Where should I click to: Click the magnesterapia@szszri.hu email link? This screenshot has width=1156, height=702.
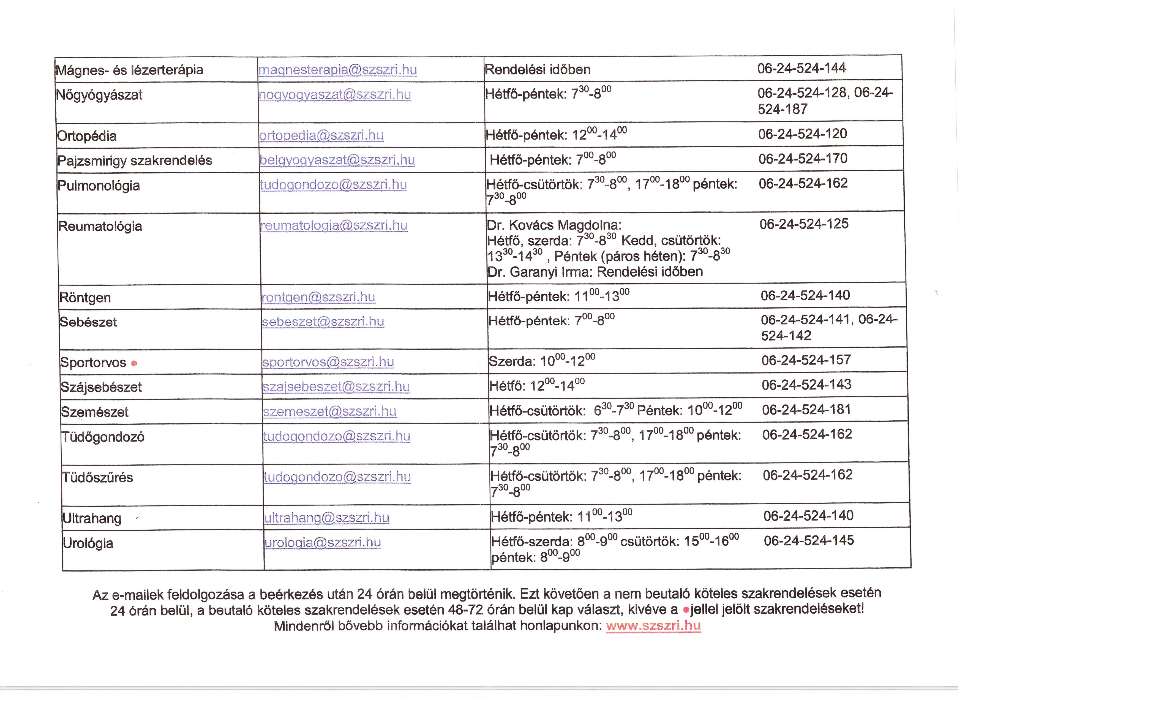(x=337, y=70)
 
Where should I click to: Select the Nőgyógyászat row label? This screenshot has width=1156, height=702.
(x=99, y=95)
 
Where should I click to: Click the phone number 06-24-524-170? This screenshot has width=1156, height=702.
(x=803, y=159)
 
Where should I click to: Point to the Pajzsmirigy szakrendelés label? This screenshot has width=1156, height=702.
(x=135, y=160)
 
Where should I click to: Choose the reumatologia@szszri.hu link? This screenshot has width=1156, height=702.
(x=334, y=226)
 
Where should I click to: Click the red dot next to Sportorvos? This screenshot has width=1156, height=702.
(x=134, y=363)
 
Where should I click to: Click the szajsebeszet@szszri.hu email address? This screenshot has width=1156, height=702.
(x=336, y=387)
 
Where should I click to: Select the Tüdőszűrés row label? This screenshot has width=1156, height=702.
(x=98, y=478)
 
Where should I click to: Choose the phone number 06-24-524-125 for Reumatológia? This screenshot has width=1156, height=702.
(x=804, y=224)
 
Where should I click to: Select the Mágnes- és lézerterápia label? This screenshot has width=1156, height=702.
(x=129, y=70)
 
